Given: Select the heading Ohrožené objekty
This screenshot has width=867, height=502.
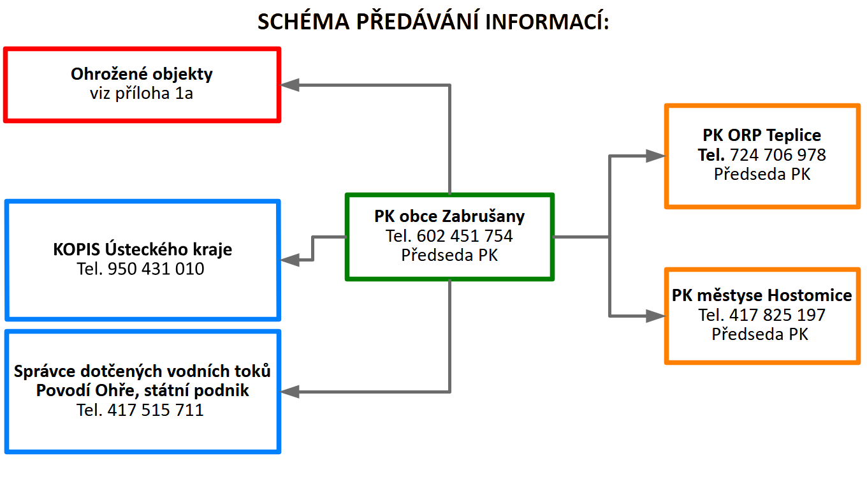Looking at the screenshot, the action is click(x=142, y=74).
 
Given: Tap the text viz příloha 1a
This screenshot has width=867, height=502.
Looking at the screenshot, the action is click(x=142, y=93).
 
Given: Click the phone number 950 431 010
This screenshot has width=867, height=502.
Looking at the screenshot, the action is click(x=156, y=269).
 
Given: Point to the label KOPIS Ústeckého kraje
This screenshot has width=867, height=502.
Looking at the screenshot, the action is click(x=142, y=249).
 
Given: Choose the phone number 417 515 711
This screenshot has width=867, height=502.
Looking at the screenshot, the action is click(x=155, y=410).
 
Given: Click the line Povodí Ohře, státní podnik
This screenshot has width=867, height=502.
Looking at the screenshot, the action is click(x=142, y=390).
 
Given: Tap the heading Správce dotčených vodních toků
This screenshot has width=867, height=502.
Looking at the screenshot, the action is click(x=142, y=371).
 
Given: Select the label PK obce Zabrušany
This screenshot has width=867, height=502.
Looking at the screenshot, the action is click(x=449, y=216).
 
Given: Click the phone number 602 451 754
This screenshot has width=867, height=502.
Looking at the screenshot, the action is click(x=465, y=236).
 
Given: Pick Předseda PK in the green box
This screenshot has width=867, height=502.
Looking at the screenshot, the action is click(x=449, y=255).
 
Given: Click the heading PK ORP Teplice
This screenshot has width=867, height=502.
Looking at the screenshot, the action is click(x=762, y=135).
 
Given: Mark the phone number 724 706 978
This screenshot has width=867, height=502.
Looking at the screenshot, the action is click(x=778, y=155).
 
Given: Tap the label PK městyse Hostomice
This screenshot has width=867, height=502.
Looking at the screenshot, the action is click(x=762, y=295).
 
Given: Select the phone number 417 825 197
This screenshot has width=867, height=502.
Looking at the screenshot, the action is click(x=777, y=315).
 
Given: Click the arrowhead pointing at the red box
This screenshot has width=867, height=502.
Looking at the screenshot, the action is click(x=289, y=85).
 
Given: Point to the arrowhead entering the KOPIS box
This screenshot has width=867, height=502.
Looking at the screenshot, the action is click(x=289, y=260).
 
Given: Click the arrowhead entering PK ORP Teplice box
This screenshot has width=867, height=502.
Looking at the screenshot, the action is click(x=655, y=156).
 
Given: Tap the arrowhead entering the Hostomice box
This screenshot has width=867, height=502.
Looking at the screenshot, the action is click(x=655, y=316).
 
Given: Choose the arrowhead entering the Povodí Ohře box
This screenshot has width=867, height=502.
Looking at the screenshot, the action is click(x=289, y=392).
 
